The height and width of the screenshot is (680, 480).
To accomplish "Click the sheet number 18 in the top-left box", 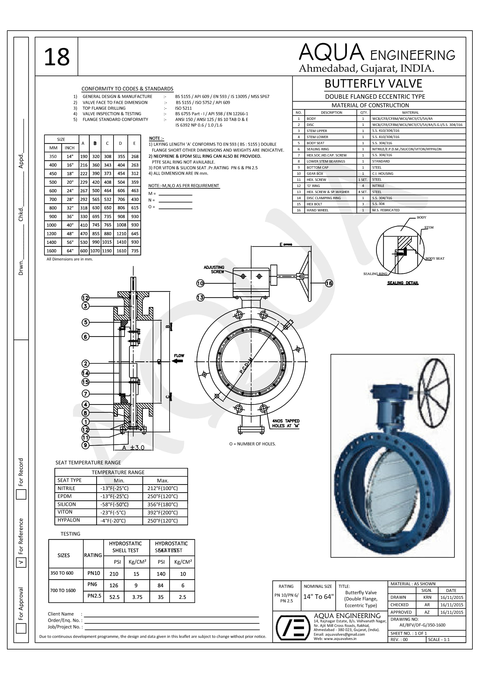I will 57,57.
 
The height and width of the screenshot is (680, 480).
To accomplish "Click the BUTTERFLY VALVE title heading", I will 373,84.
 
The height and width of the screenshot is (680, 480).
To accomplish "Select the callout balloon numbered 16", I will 329,283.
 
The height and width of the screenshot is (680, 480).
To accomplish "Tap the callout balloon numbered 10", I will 200,283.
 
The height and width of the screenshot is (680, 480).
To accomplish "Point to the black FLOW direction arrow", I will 178,361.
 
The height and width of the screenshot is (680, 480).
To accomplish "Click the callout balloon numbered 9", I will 85,445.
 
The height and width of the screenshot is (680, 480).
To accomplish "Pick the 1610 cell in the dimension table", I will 121,251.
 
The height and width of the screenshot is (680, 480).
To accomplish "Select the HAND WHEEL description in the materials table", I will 317,210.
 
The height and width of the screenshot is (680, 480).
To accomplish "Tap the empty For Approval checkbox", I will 21,628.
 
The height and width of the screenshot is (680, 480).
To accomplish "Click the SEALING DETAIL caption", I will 403,283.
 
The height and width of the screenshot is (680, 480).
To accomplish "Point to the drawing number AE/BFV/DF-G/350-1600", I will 422,625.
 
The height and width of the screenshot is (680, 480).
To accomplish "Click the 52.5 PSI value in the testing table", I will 114,597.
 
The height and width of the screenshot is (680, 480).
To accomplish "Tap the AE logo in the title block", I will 291,628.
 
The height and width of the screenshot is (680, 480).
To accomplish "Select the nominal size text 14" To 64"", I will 318,597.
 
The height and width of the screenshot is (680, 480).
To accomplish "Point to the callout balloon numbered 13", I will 200,297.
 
